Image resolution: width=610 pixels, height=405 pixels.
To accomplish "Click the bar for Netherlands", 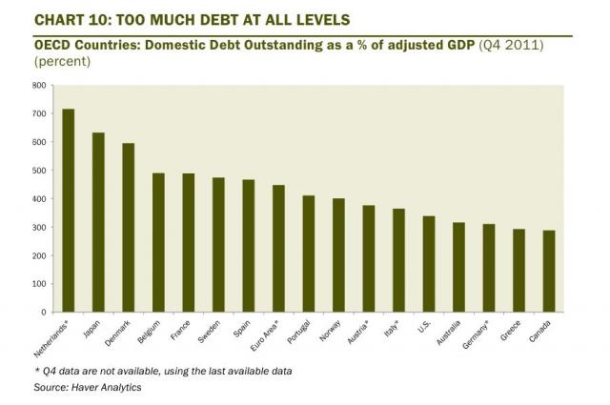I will click(x=69, y=211).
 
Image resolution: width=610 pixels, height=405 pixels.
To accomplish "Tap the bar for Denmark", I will click(x=129, y=228).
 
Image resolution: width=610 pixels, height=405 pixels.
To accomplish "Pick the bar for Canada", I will click(x=549, y=272).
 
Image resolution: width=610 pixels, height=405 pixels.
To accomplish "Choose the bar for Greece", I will click(x=518, y=271).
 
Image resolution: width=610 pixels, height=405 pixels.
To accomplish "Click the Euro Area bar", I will click(x=278, y=249).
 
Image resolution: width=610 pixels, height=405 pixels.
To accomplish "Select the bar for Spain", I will click(x=249, y=246).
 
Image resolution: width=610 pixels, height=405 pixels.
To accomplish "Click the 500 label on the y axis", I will click(x=38, y=171).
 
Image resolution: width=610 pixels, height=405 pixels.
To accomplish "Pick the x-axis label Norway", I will click(x=330, y=330).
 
